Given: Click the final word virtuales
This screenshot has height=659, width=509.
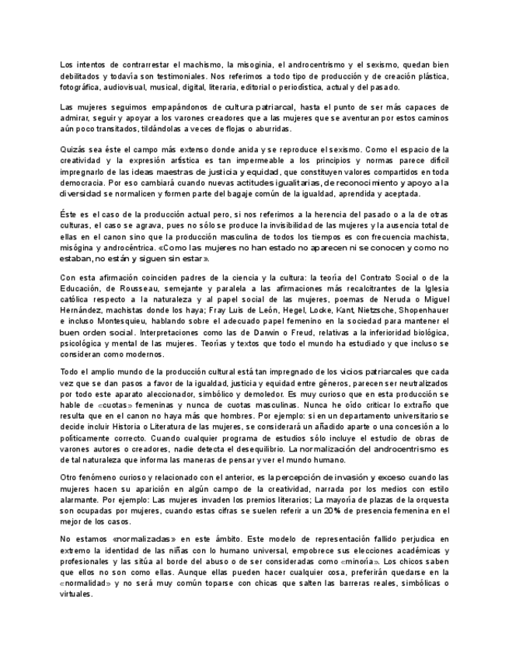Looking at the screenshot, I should pyautogui.click(x=76, y=593).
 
